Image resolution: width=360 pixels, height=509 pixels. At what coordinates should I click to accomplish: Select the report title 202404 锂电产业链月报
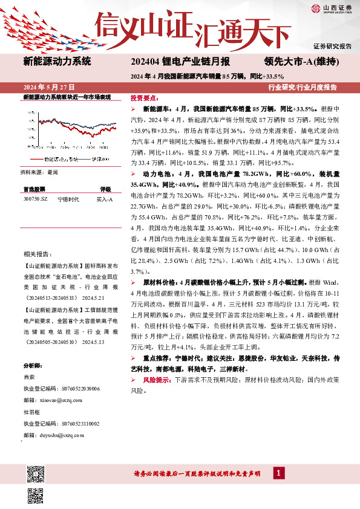pyautogui.click(x=180, y=61)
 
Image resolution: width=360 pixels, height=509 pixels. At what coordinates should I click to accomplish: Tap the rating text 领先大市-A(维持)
pyautogui.click(x=301, y=61)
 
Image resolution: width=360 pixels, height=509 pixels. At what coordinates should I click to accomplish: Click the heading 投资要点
pyautogui.click(x=145, y=98)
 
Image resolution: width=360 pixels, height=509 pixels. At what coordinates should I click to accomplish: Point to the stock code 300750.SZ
pyautogui.click(x=35, y=199)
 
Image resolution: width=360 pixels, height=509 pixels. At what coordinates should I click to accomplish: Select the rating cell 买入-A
pyautogui.click(x=105, y=199)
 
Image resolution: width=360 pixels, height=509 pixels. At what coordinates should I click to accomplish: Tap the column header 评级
pyautogui.click(x=105, y=189)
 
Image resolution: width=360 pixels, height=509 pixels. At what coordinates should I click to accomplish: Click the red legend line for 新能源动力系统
pyautogui.click(x=36, y=158)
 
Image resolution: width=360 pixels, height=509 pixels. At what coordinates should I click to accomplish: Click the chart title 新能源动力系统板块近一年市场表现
pyautogui.click(x=67, y=97)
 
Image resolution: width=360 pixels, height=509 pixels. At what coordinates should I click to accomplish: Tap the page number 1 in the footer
pyautogui.click(x=278, y=473)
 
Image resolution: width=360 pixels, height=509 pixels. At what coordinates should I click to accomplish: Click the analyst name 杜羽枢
pyautogui.click(x=31, y=413)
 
